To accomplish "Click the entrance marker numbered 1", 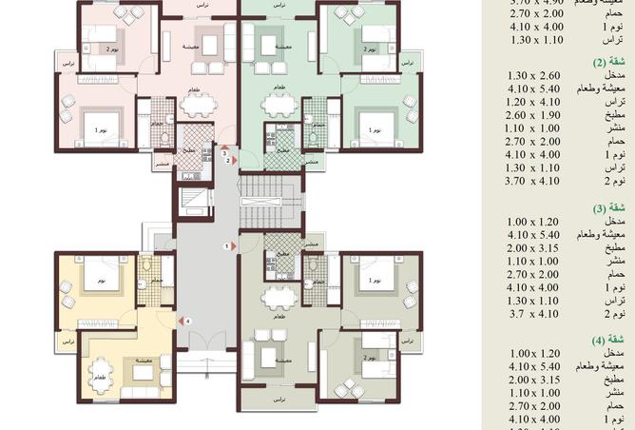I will tap(226, 247).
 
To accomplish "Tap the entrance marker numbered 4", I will tap(189, 322).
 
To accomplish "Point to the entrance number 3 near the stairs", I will tap(224, 153).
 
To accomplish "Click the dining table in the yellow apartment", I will tap(99, 367).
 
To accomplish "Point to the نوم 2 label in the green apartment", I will tap(369, 49).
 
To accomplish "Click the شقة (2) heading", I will tap(620, 62).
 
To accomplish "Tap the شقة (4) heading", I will tap(620, 340).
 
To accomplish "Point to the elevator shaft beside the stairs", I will tap(189, 204).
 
